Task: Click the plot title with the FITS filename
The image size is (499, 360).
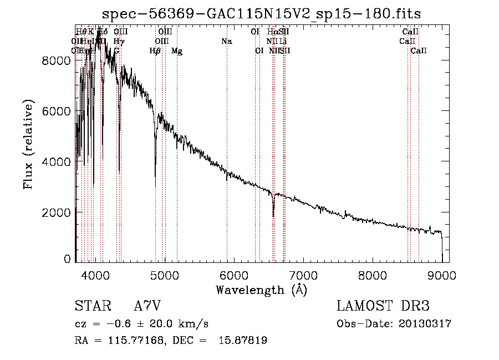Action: (262, 13)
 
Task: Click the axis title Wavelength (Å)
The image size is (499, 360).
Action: (261, 290)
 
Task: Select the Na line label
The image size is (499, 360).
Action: (226, 42)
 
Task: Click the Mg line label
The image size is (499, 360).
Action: (177, 51)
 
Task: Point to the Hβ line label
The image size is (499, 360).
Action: (155, 51)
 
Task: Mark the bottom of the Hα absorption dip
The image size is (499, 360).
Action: (273, 216)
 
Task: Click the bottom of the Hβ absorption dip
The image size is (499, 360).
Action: (155, 186)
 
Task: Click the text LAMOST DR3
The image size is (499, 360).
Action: (383, 307)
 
